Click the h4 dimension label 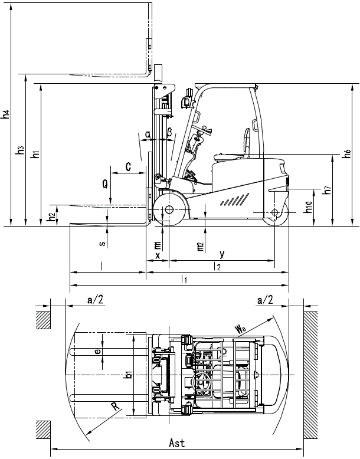(5, 114)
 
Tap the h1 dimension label (35, 155)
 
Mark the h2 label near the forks (52, 217)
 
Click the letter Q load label (105, 185)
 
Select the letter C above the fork (128, 167)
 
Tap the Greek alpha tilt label (148, 135)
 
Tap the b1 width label (128, 376)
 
